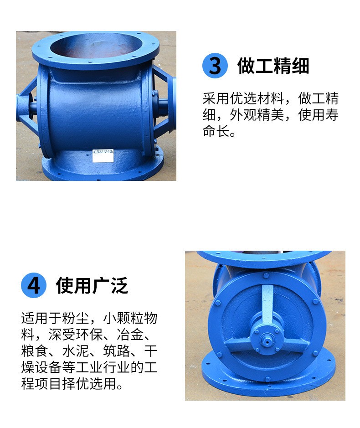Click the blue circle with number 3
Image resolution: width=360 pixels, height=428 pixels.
tap(215, 66)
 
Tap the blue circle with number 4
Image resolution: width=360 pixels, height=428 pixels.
tap(34, 285)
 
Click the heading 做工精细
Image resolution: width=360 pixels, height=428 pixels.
tap(273, 66)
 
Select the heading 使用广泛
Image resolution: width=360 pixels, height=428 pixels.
tap(92, 285)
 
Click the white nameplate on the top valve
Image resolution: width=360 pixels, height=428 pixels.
tap(102, 155)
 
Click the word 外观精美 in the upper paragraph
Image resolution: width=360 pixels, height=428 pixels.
tap(257, 116)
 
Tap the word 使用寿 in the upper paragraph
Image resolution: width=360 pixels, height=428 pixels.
tap(318, 116)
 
